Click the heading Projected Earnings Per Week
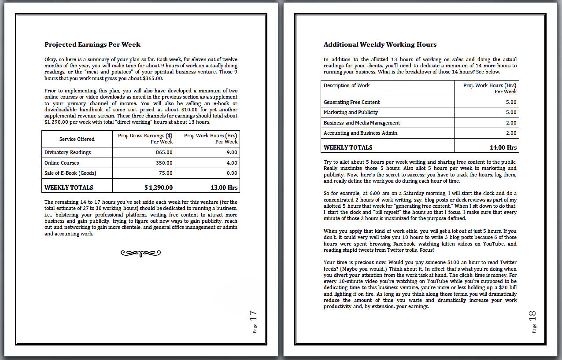point(92,44)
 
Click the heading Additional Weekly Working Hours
point(380,44)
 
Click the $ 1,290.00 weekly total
point(159,187)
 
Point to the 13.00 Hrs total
point(224,187)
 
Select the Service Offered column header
point(77,139)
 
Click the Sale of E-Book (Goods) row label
point(70,173)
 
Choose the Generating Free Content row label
point(351,102)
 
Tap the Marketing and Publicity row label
point(351,112)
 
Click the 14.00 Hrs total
point(503,147)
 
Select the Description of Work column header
point(347,85)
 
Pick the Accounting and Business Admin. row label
point(361,133)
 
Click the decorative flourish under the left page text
point(140,253)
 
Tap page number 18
point(532,316)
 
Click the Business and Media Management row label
point(362,123)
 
